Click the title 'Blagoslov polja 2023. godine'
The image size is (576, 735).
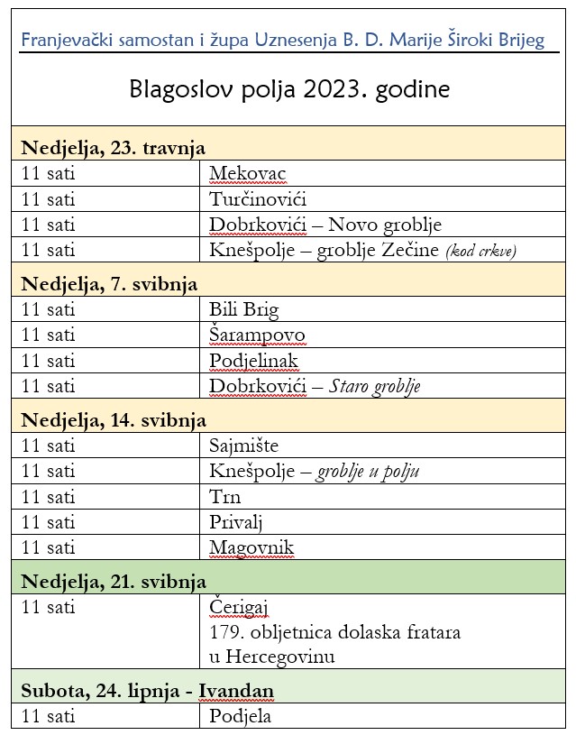point(289,90)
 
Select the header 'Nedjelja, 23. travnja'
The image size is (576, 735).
point(114,148)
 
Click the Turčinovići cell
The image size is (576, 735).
point(257,199)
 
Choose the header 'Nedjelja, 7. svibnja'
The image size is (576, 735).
point(109,284)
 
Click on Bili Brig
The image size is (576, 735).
point(243,310)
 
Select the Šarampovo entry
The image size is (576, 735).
point(257,335)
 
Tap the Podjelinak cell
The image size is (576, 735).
point(253,361)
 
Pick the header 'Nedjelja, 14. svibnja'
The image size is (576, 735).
point(114,420)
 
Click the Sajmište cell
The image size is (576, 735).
point(243,446)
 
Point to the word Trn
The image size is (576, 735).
point(224,497)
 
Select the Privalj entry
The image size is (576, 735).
point(235,522)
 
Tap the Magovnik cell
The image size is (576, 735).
point(251,547)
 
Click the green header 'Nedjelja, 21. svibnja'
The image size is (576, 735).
point(114,581)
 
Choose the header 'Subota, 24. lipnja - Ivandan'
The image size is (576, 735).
point(147,691)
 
